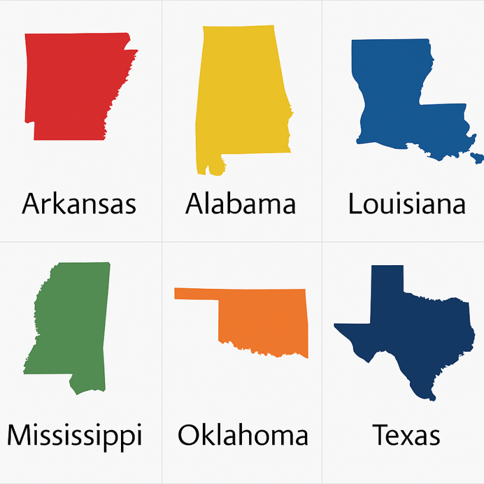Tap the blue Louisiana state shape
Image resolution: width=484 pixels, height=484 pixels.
tap(391, 95)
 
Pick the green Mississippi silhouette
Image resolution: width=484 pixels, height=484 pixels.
tap(77, 326)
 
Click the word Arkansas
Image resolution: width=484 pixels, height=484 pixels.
tap(79, 204)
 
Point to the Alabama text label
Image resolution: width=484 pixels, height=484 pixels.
tap(240, 204)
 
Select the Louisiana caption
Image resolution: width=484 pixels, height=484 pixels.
tap(406, 204)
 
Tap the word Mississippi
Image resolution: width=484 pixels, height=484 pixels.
tap(75, 436)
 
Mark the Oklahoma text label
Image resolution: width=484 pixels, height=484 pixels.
tap(243, 435)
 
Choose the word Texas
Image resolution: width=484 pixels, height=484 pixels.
tap(406, 435)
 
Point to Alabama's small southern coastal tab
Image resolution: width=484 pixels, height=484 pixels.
tap(215, 167)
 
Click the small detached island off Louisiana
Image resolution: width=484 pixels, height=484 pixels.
tap(477, 158)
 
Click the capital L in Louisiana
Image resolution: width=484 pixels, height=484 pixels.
tap(355, 204)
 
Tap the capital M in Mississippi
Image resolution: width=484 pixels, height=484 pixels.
tap(21, 435)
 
